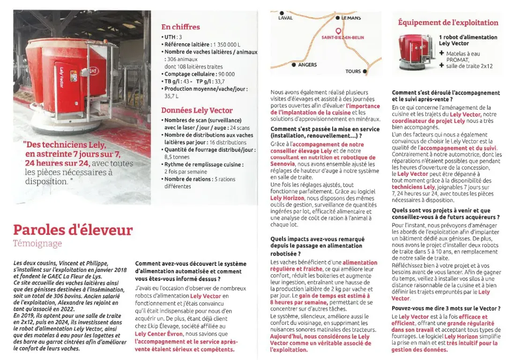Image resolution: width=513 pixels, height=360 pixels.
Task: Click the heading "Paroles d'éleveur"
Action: click(73, 230)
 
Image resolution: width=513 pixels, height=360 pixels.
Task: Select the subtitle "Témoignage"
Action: click(37, 243)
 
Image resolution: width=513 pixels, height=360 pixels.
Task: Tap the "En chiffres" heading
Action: click(180, 27)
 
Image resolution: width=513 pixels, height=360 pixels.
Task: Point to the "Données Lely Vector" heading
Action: click(197, 111)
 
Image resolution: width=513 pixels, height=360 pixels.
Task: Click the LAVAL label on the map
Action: click(285, 18)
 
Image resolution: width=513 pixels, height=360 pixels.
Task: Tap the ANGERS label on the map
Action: click(307, 65)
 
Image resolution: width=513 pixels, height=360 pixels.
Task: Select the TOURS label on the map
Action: click(353, 71)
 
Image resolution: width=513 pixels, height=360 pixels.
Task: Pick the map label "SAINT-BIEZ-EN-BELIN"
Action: click(342, 37)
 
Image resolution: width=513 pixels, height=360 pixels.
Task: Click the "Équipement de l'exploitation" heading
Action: click(448, 22)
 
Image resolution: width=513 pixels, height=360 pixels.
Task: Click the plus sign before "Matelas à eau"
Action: click(441, 53)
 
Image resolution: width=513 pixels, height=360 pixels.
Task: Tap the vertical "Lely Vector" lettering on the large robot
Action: click(61, 77)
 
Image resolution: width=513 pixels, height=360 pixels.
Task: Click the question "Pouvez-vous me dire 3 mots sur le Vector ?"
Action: click(446, 308)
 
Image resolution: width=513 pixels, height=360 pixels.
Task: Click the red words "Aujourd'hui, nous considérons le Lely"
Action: click(320, 337)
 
